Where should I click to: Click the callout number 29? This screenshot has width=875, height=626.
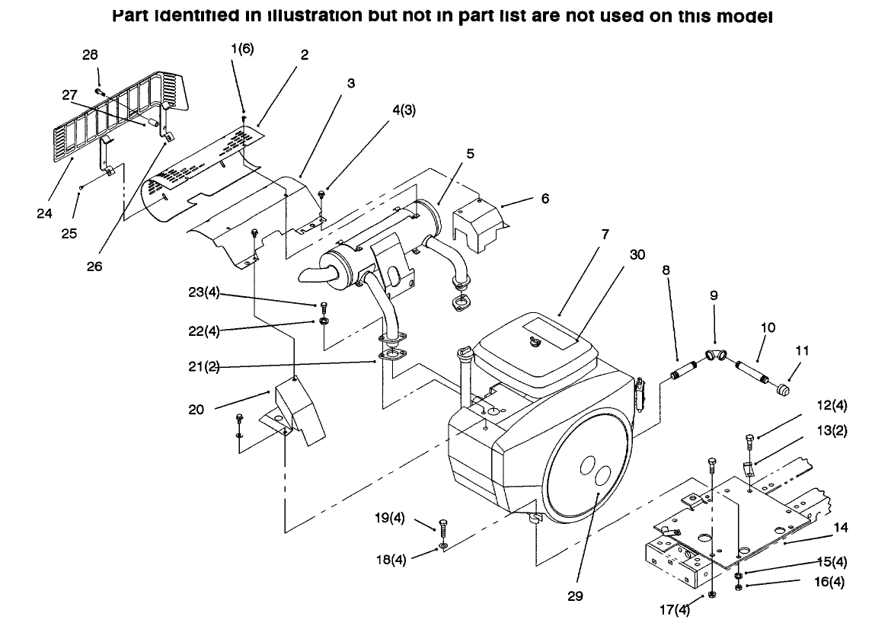[x=575, y=596]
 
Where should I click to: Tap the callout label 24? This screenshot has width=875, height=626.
[x=44, y=213]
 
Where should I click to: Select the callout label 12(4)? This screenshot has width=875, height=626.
[x=832, y=406]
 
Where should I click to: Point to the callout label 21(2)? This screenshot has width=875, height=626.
[x=203, y=366]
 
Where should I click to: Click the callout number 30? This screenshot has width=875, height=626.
[x=637, y=254]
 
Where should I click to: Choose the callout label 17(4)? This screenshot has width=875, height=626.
[x=675, y=610]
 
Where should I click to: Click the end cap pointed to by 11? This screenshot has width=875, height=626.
[x=783, y=388]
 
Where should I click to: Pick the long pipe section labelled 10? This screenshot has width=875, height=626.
[x=751, y=372]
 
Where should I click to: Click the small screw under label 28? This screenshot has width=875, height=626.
[x=99, y=91]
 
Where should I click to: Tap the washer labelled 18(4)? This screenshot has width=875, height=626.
[x=443, y=545]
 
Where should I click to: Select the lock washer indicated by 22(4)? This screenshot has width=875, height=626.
[x=324, y=322]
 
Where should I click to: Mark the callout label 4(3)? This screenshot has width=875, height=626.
[x=404, y=110]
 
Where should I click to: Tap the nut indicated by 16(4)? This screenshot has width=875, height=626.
[x=739, y=586]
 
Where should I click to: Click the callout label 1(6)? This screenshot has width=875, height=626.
[x=242, y=49]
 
